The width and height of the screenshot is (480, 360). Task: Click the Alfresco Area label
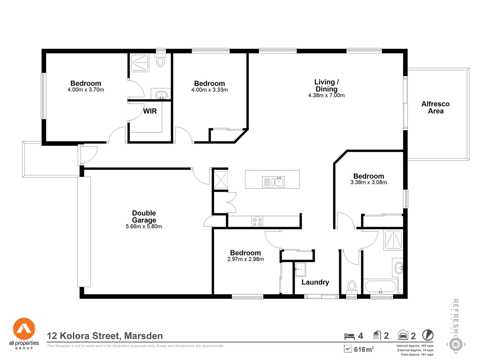pyautogui.click(x=435, y=107)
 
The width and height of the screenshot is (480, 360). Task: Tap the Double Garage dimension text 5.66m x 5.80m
pyautogui.click(x=144, y=227)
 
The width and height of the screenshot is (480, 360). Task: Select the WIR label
pyautogui.click(x=150, y=111)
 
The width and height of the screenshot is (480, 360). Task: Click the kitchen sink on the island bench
pyautogui.click(x=273, y=182)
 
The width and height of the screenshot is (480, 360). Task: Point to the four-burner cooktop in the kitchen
pyautogui.click(x=257, y=222)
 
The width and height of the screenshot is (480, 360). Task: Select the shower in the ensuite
pyautogui.click(x=140, y=63)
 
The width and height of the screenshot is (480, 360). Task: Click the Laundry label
pyautogui.click(x=315, y=282)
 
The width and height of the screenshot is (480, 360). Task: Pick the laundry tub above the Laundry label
pyautogui.click(x=300, y=269)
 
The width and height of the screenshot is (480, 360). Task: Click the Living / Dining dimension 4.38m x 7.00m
pyautogui.click(x=326, y=96)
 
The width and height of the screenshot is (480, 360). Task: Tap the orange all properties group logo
pyautogui.click(x=24, y=329)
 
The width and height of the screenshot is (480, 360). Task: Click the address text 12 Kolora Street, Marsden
pyautogui.click(x=105, y=336)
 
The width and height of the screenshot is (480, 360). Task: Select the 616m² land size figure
pyautogui.click(x=363, y=350)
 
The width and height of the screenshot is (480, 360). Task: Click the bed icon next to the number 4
pyautogui.click(x=349, y=336)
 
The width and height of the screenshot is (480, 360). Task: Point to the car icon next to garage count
pyautogui.click(x=403, y=335)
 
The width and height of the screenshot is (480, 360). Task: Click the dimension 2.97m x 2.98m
pyautogui.click(x=245, y=259)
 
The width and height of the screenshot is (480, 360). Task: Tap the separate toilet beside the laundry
pyautogui.click(x=352, y=287)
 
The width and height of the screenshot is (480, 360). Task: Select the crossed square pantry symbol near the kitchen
pyautogui.click(x=220, y=180)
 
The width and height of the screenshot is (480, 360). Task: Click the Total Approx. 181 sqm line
pyautogui.click(x=417, y=355)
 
